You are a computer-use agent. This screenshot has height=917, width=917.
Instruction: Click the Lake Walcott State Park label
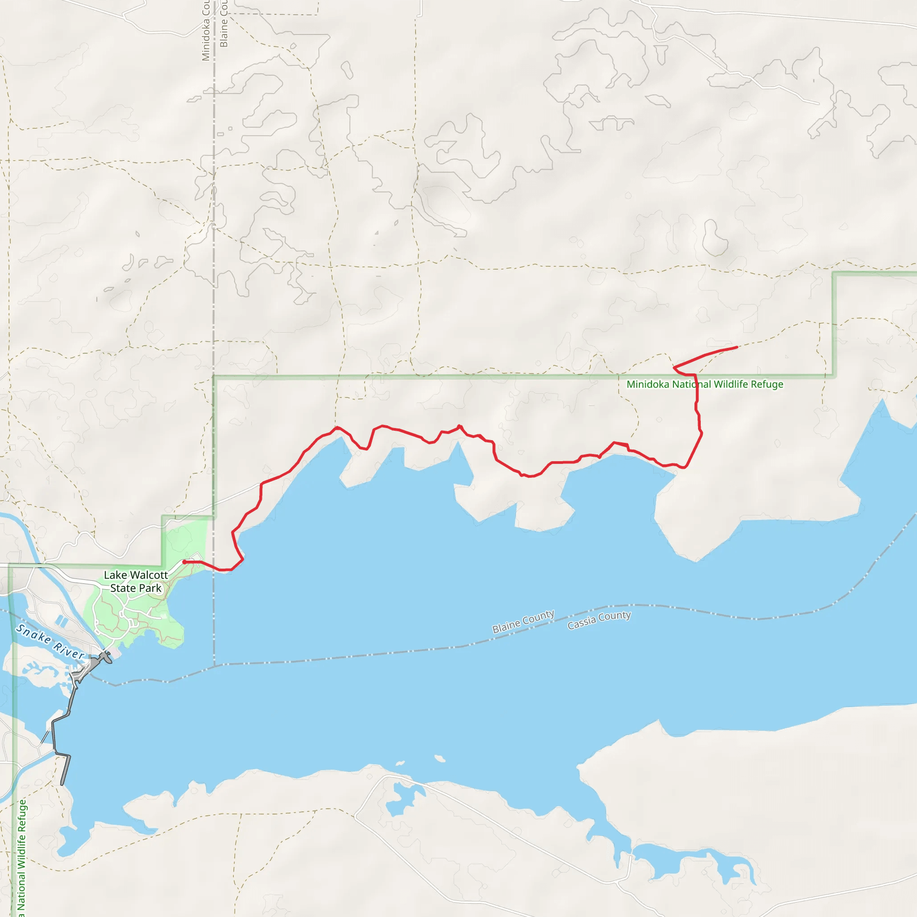tap(136, 582)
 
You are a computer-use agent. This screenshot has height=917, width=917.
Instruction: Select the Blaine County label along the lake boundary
tap(523, 621)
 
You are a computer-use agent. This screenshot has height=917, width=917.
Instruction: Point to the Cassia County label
tap(599, 619)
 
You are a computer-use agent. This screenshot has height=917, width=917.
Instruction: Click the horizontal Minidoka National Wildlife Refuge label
tap(705, 385)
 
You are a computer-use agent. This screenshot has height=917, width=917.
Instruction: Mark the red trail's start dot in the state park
tap(184, 562)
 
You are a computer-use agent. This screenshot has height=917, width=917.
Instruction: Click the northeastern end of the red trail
tap(737, 347)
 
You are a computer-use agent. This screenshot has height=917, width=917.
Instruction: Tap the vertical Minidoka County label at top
tap(206, 31)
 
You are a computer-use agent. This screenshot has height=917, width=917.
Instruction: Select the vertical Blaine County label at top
tap(223, 24)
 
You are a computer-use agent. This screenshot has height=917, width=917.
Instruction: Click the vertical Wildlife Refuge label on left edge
tap(22, 859)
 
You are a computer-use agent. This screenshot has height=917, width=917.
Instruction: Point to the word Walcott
tap(149, 575)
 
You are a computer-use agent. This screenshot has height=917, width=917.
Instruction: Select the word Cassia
tap(582, 622)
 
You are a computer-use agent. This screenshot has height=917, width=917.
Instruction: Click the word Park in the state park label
tap(150, 588)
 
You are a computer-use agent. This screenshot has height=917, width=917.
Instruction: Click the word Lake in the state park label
tap(116, 575)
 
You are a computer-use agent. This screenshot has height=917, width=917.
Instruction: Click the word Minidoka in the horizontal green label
tap(648, 385)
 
